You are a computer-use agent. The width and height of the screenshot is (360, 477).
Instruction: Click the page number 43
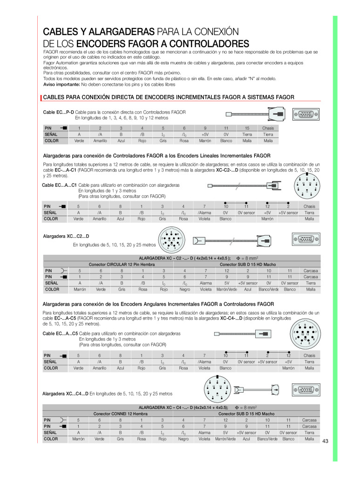[325, 442]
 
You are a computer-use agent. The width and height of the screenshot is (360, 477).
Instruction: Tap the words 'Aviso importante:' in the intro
[61, 85]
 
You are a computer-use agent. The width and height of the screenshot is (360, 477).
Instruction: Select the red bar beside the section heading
[41, 98]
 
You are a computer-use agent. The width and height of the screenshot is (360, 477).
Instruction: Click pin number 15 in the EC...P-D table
[247, 128]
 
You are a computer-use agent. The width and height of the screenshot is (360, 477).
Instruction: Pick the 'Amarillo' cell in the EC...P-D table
[100, 141]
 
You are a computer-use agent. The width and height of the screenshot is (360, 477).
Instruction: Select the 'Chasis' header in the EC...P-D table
[268, 128]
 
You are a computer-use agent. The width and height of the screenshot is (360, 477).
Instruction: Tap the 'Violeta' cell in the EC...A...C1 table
[204, 218]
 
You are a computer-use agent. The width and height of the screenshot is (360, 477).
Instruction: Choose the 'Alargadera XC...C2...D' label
[66, 236]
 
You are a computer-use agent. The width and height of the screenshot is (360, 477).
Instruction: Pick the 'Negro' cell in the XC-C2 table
[185, 289]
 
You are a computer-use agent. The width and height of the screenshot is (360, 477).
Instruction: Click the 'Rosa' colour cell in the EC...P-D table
[184, 141]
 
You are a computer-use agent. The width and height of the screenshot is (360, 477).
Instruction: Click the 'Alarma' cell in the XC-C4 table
[204, 432]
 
